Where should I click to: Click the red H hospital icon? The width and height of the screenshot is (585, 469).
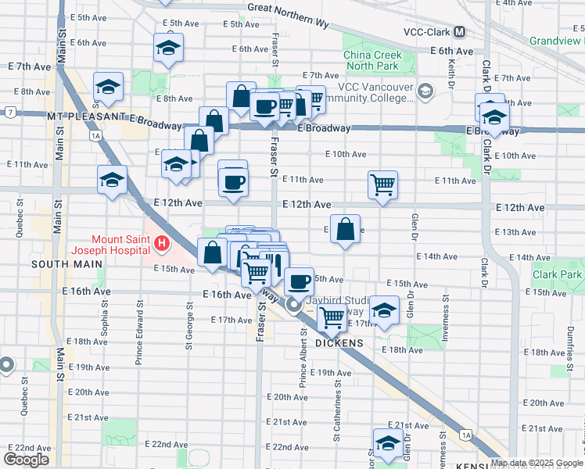(162, 245)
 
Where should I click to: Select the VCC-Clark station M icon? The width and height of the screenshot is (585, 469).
(459, 32)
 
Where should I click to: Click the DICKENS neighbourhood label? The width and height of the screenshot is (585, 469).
(339, 343)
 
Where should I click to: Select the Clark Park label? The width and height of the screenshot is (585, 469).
(558, 274)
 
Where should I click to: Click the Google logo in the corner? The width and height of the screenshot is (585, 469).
(27, 459)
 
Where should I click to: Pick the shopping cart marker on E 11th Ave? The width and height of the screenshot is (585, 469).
(382, 185)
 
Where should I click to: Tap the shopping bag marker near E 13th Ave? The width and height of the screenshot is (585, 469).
(345, 230)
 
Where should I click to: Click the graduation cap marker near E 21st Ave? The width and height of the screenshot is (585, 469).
(387, 443)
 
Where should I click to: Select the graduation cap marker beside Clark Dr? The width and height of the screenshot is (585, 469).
(493, 117)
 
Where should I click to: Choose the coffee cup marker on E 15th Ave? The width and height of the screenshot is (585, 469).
(297, 281)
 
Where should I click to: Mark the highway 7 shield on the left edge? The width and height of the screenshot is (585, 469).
(9, 113)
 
